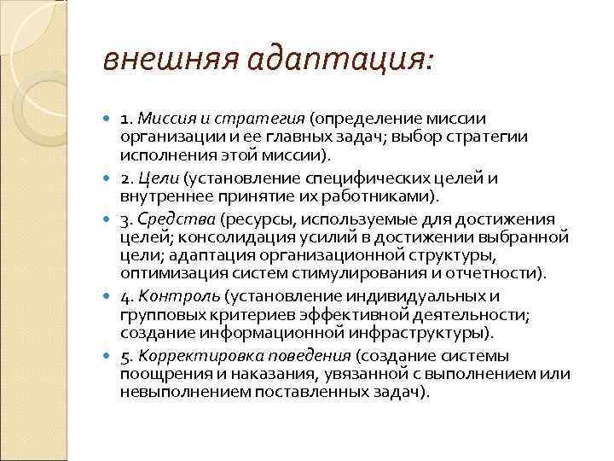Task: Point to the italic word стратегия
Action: (x=257, y=119)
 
